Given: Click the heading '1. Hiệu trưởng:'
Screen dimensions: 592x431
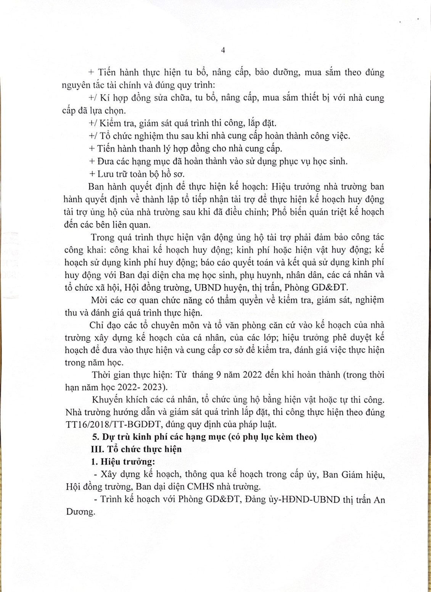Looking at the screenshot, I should coord(123,461).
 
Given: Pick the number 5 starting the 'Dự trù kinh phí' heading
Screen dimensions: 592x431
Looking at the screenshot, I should coord(95,437).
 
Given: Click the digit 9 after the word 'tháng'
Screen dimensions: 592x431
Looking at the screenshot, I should coord(219,374).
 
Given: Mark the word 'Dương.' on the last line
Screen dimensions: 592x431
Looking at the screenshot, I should coord(80,512).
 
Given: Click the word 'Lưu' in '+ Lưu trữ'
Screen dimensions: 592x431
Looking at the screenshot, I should coord(105,174).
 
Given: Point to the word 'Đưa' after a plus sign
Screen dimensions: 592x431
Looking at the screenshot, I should coord(105,161).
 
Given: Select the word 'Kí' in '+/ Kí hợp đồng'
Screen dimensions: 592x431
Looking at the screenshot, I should coord(105,98).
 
